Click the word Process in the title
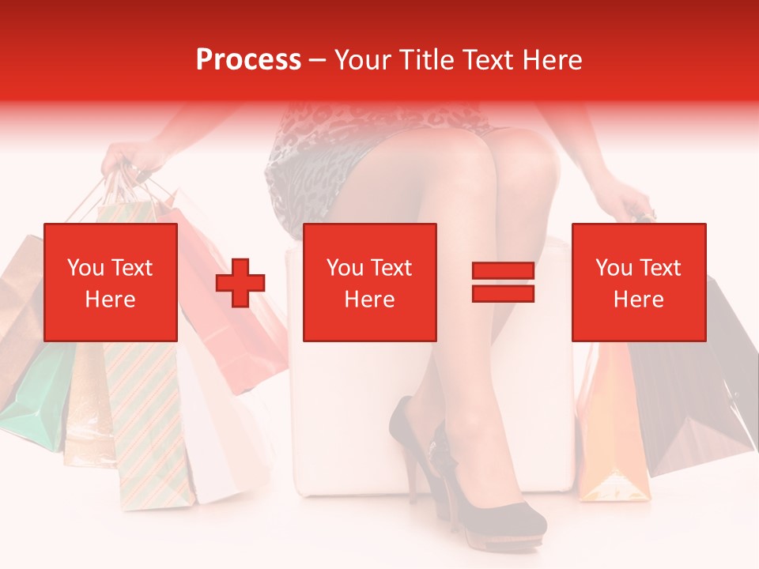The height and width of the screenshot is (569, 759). pos(248,60)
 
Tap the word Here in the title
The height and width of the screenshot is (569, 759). pos(553,60)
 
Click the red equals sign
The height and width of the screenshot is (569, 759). pos(503,283)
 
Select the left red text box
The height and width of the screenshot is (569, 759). pos(111,283)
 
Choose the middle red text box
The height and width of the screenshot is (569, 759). pos(369,283)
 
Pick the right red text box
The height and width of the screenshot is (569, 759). pos(638,283)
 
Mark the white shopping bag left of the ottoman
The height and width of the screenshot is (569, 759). pos(206,443)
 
